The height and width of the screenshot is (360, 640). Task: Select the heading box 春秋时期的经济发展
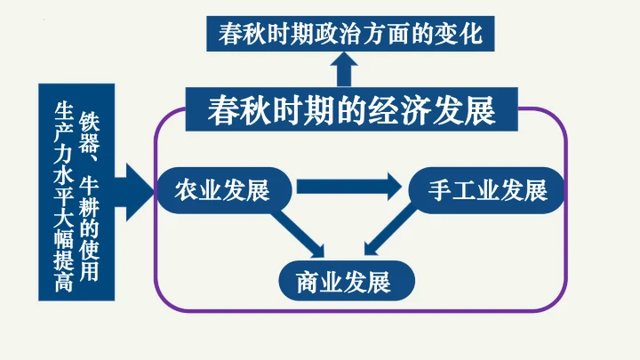click(350, 110)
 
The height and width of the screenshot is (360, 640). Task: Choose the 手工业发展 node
click(487, 189)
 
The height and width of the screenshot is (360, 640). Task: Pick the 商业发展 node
click(345, 283)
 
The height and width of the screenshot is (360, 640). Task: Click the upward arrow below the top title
click(343, 71)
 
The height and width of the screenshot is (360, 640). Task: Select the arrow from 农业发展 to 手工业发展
click(348, 188)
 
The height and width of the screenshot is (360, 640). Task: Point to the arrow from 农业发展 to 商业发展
click(300, 233)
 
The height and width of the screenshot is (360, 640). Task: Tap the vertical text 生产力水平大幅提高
click(61, 192)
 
